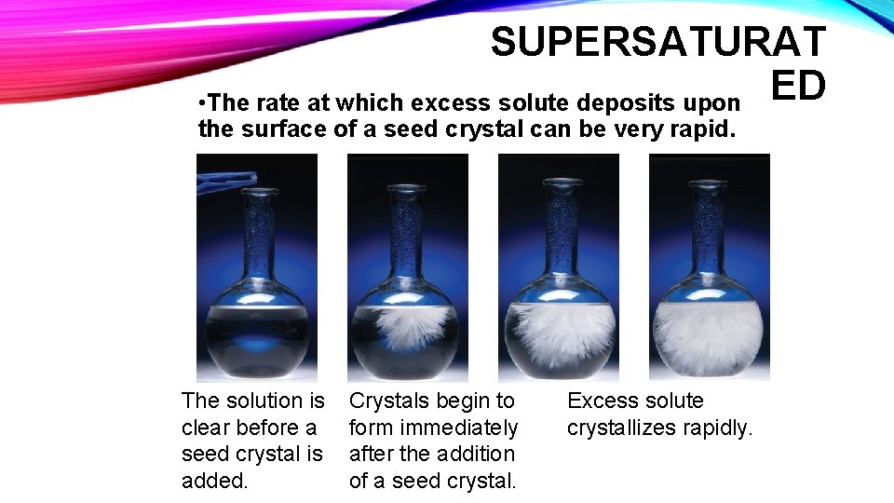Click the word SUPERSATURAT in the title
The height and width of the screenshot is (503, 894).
pos(657,42)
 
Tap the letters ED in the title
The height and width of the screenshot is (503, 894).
pos(798,86)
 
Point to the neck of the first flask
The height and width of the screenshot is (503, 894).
pos(259,242)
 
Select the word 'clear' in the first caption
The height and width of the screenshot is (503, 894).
pos(207,428)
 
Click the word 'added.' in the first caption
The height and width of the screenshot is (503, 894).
pos(214,481)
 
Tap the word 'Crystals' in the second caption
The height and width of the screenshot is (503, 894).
pos(387,401)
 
